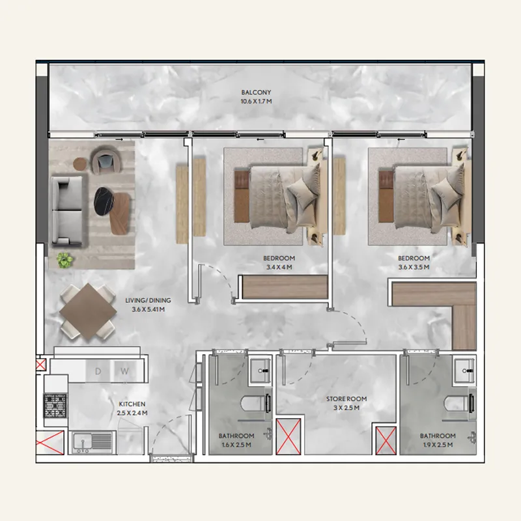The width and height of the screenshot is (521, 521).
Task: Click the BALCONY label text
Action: click(255, 92)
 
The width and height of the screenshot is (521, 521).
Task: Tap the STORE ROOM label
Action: click(346, 399)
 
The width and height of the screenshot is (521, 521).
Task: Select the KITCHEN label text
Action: click(132, 404)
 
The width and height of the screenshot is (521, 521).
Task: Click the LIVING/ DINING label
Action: click(148, 300)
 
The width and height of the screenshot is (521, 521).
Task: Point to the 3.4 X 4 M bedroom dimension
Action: click(279, 267)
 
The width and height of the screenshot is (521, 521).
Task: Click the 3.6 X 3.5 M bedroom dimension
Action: click(414, 267)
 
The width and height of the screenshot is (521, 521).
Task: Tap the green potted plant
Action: click(64, 260)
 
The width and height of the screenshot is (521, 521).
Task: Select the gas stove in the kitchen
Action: click(54, 406)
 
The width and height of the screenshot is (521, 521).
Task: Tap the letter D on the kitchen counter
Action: click(98, 372)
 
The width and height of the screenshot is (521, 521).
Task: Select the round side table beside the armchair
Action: click(80, 163)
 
